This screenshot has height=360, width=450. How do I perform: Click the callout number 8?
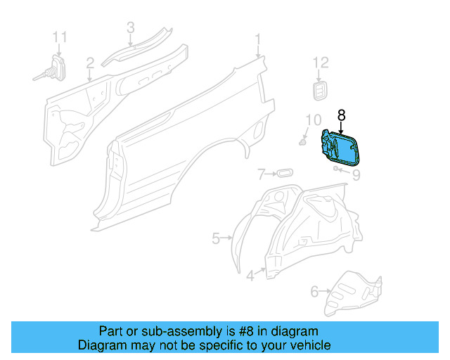coord(342,115)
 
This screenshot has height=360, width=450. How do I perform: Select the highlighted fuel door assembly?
coord(339,148)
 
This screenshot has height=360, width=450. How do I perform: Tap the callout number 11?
coord(60,36)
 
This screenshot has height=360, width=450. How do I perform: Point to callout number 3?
coord(130,27)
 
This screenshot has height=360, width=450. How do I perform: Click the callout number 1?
coord(258,39)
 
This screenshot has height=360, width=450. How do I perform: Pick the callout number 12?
coord(320,63)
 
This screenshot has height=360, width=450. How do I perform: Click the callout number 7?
coord(260,173)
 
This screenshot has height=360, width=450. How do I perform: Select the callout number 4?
coord(250,276)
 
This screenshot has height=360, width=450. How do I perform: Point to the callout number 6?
coord(314,290)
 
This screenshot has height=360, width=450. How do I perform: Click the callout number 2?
coord(90,64)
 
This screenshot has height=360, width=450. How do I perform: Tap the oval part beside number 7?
coord(283,173)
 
